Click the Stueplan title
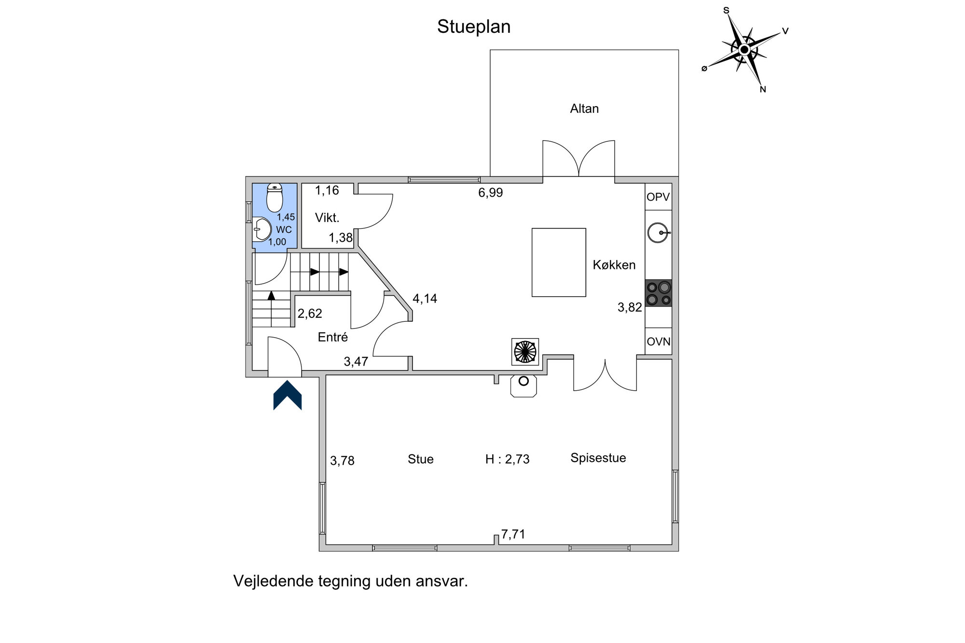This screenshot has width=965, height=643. point(474,27)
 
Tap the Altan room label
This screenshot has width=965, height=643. point(584,109)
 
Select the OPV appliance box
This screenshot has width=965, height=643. point(659,197)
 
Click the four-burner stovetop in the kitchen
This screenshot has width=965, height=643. point(659,293)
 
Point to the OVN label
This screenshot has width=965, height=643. point(659,342)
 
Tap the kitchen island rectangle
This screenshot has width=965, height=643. point(559,262)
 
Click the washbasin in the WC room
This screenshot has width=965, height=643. point(262,229)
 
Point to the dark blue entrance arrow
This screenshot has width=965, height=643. point(288,395)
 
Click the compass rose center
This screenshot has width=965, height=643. point(744,50)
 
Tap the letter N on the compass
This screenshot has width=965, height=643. point(763,89)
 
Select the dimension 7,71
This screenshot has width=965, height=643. point(513,534)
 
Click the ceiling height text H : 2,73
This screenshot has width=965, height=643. point(508,459)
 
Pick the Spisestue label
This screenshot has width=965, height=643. point(598,458)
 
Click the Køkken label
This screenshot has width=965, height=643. point(614,265)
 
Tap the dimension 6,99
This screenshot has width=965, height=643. point(491,193)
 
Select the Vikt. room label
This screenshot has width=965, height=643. point(327,218)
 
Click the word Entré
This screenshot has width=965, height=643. point(333,337)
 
